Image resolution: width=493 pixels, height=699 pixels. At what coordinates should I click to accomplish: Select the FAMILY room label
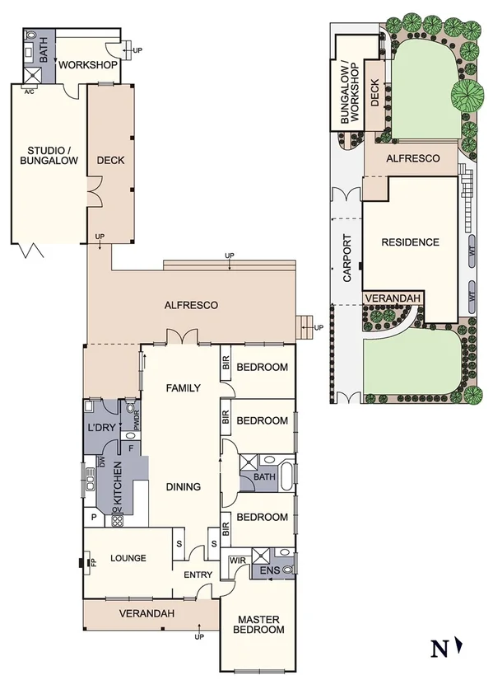click(x=183, y=387)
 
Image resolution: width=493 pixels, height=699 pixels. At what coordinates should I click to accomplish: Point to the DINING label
click(x=183, y=486)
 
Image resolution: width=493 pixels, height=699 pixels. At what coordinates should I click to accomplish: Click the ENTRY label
click(x=198, y=575)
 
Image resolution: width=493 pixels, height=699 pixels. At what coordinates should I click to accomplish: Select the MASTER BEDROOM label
click(x=261, y=624)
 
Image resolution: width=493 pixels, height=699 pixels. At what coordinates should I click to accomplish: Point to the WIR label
click(x=238, y=561)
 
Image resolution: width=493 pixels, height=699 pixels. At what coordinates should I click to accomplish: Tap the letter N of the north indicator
click(x=440, y=650)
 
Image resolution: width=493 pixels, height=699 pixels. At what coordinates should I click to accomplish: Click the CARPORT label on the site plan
click(x=346, y=260)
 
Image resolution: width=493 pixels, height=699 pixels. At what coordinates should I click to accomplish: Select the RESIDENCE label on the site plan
click(x=409, y=242)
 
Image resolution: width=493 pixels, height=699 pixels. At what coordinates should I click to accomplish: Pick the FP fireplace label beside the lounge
click(x=93, y=563)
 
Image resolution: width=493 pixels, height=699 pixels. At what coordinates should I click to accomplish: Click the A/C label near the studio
click(x=28, y=92)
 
